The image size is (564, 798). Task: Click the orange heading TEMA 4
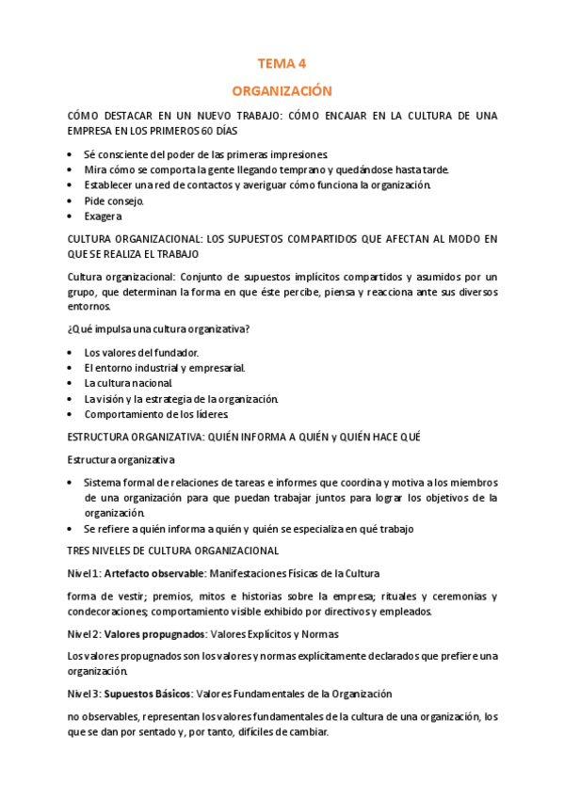point(282,64)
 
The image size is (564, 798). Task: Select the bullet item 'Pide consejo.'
point(114,200)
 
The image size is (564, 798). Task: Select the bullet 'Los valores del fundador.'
point(141,352)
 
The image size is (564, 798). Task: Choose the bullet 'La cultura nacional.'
point(128,383)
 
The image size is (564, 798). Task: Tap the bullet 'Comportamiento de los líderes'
point(156,414)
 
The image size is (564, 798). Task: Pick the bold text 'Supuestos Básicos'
point(148,694)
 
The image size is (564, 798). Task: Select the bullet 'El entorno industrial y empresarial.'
point(165,368)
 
